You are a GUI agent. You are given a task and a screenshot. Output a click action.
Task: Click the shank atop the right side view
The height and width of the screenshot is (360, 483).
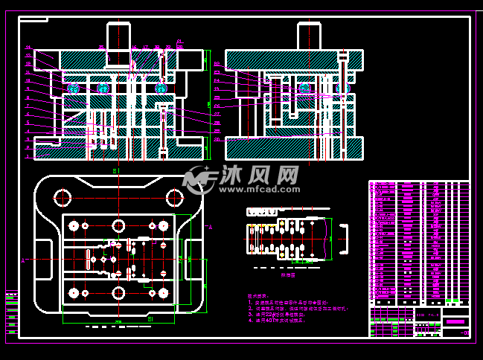[x=309, y=36]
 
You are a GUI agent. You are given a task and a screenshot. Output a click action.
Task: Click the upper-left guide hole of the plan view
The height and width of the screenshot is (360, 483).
[x=62, y=198]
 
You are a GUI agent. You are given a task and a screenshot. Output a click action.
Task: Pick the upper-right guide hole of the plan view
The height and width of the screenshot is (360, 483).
[x=175, y=198]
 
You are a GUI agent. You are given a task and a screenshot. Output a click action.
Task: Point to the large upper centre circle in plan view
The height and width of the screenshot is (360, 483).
[x=118, y=225]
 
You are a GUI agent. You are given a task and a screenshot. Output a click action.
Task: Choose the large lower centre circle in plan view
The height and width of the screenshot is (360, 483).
[x=118, y=292]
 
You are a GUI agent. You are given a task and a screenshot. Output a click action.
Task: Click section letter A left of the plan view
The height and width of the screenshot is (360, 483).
[x=23, y=261]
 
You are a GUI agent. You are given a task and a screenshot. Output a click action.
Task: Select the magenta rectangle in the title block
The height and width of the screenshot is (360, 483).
[x=456, y=322]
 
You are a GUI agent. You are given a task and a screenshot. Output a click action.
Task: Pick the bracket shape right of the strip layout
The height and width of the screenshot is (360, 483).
[x=345, y=238]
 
